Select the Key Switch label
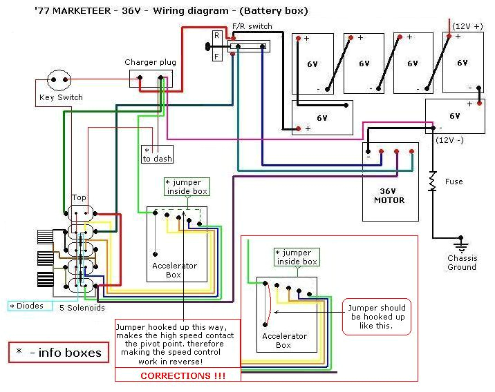60,98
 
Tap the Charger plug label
150,62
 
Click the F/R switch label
252,26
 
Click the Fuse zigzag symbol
433,182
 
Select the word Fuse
454,182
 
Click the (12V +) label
469,26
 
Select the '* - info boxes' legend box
59,353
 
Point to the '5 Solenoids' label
82,307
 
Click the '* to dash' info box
157,154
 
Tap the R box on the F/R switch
217,35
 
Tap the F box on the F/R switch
217,56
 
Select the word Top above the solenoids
79,197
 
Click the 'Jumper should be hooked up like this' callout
377,315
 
